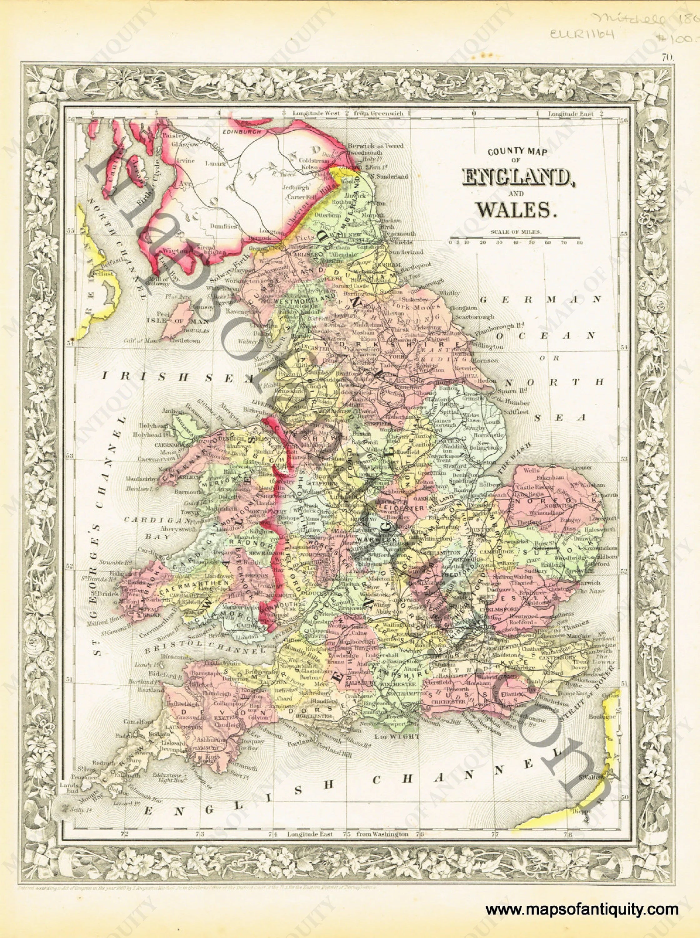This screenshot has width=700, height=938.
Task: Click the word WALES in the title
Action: (514, 209)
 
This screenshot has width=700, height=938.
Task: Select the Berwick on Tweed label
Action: (375, 146)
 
